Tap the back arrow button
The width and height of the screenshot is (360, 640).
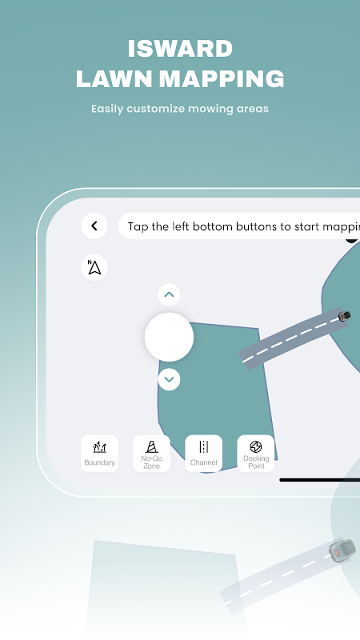94,226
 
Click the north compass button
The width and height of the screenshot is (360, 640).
94,268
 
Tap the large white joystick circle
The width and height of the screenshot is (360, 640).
169,337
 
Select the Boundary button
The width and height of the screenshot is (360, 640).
99,454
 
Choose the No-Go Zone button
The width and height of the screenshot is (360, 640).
151,454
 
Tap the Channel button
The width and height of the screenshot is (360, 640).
204,454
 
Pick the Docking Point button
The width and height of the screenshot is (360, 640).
256,454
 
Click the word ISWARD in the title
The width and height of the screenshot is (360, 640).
180,49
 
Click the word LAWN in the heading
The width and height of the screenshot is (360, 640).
114,78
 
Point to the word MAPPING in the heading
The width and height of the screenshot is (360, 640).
222,78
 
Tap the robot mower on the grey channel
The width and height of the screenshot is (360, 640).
345,315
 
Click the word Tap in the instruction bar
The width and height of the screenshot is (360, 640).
138,226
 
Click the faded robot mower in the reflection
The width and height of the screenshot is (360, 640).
342,550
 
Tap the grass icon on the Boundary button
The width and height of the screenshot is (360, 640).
99,447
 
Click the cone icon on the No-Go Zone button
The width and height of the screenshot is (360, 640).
151,446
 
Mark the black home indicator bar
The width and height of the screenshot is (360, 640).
319,480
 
